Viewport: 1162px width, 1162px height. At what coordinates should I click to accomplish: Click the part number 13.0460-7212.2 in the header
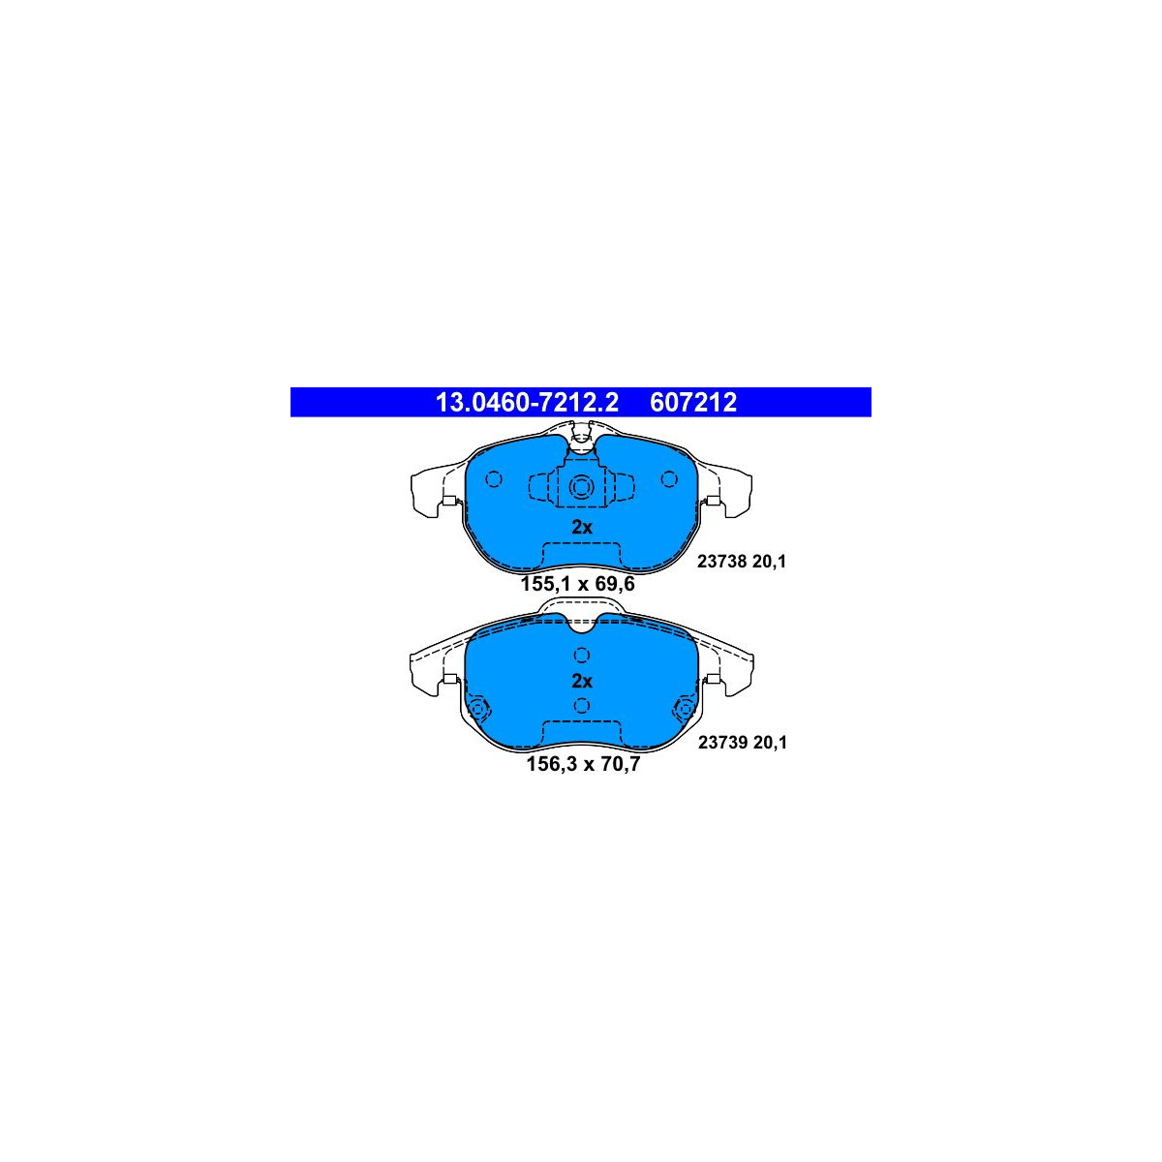click(x=527, y=403)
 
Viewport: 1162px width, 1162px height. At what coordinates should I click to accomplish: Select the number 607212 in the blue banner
click(x=693, y=403)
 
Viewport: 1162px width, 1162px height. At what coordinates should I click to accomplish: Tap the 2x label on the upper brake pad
click(x=581, y=527)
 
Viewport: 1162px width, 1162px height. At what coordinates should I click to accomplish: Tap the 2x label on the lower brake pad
click(x=581, y=681)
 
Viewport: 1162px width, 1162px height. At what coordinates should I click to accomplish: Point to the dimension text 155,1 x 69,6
click(x=578, y=584)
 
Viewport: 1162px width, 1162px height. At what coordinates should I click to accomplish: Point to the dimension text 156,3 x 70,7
click(x=583, y=764)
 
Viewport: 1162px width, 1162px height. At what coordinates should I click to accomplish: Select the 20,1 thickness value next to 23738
click(x=770, y=562)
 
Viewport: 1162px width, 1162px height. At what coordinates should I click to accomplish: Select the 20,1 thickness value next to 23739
click(x=771, y=743)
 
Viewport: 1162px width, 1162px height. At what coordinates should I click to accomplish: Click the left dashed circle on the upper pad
click(x=493, y=479)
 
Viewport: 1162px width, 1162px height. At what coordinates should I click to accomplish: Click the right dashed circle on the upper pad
click(x=669, y=479)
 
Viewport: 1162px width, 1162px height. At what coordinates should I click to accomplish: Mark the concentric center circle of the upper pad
click(x=581, y=486)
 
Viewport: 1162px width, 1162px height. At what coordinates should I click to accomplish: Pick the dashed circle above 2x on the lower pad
click(x=581, y=655)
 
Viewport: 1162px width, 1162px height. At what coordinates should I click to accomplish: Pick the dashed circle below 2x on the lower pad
click(x=581, y=706)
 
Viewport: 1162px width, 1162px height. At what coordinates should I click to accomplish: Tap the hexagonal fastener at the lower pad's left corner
click(x=479, y=708)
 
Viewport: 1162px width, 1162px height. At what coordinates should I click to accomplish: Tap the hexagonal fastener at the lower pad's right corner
click(x=685, y=708)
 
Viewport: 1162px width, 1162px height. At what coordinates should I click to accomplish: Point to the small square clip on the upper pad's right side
click(x=712, y=500)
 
